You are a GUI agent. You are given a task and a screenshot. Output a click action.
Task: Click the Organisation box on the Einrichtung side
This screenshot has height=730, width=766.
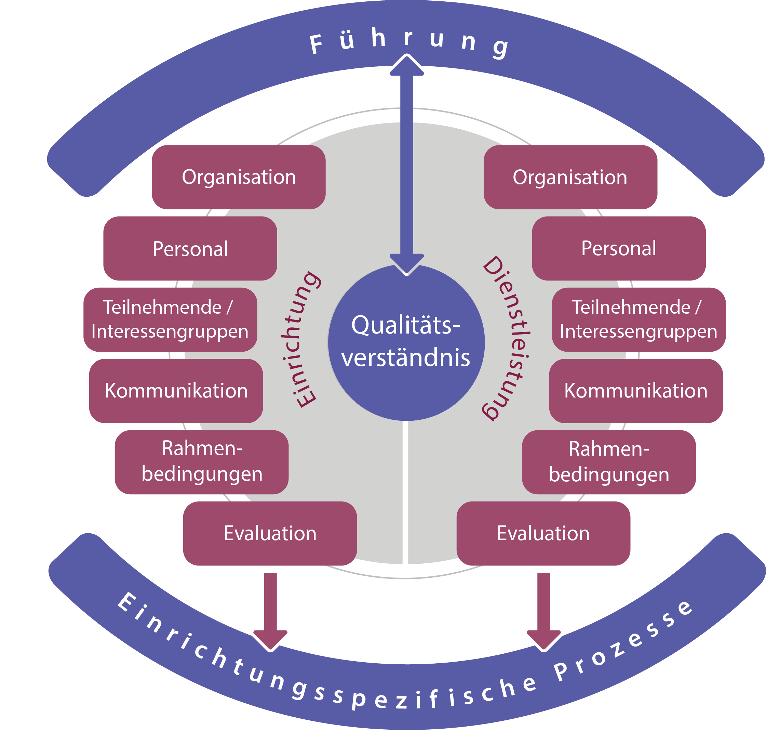click(238, 177)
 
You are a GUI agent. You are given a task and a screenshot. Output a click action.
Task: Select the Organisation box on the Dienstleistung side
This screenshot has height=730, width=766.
click(570, 177)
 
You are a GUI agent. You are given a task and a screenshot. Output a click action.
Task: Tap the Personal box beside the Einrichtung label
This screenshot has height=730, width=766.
click(190, 248)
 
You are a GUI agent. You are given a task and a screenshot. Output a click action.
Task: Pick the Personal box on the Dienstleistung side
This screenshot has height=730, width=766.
click(619, 248)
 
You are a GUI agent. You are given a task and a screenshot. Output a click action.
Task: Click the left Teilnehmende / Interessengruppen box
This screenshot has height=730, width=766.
click(170, 320)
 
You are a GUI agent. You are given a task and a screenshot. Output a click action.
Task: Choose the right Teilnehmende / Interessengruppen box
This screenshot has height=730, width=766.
click(639, 320)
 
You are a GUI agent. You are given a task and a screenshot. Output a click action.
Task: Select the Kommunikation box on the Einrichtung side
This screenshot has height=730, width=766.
click(176, 391)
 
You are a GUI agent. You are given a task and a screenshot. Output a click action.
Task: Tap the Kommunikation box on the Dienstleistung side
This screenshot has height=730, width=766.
click(636, 391)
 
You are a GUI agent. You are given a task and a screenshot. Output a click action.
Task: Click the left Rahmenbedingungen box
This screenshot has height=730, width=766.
click(201, 462)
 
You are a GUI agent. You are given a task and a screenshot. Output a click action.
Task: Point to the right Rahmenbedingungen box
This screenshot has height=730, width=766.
click(608, 462)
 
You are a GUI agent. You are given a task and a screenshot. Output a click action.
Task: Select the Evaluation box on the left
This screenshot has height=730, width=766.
click(270, 533)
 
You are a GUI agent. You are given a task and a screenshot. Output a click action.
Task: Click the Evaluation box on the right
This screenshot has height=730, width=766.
click(543, 533)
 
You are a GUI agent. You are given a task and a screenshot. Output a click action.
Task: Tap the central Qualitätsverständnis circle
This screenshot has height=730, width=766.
click(406, 342)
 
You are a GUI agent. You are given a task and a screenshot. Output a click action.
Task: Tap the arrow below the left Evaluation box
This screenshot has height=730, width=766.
click(270, 611)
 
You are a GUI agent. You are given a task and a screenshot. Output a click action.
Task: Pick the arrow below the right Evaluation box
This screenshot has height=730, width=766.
click(543, 611)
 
